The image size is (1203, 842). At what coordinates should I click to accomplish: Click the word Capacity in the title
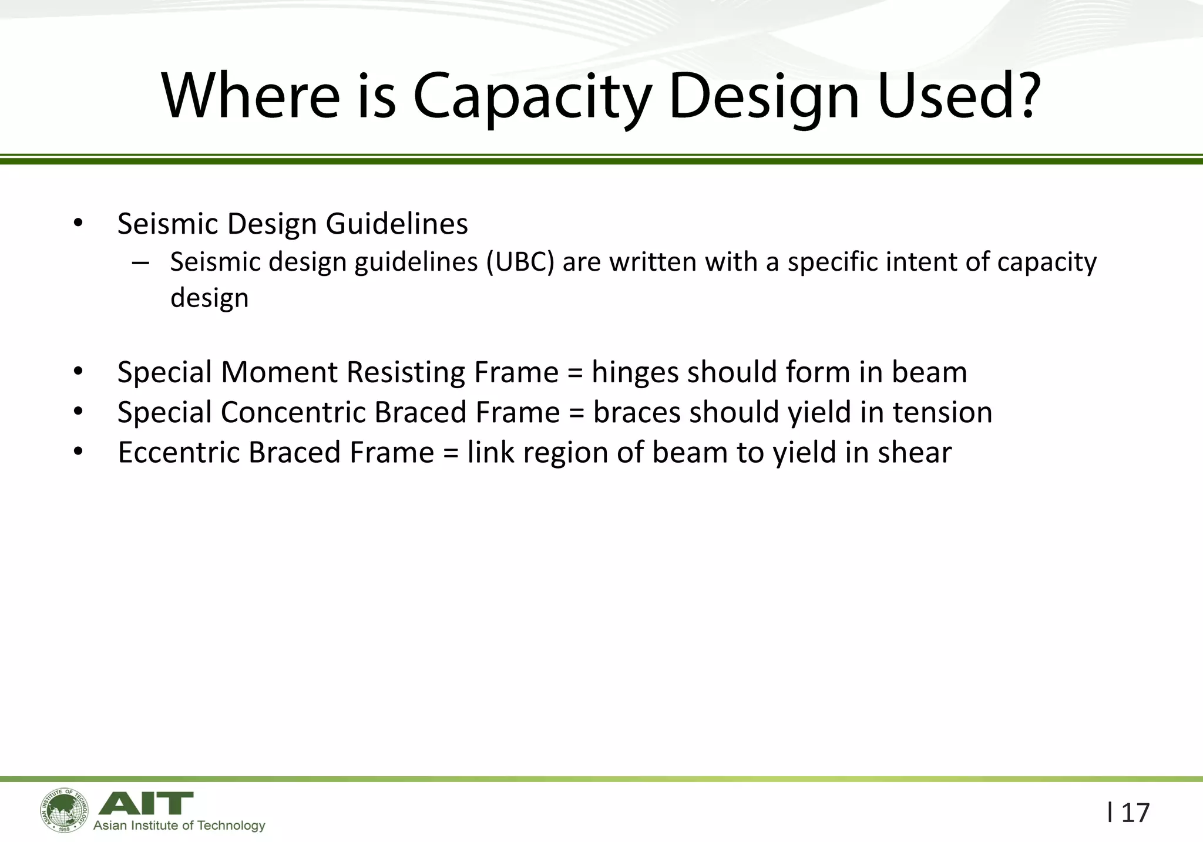pyautogui.click(x=532, y=96)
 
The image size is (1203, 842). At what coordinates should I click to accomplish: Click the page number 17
pyautogui.click(x=1135, y=813)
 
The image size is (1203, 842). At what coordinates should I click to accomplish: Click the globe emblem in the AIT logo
pyautogui.click(x=64, y=810)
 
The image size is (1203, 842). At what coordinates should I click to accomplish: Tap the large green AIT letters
pyautogui.click(x=145, y=803)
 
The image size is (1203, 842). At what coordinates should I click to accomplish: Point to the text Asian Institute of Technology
pyautogui.click(x=179, y=826)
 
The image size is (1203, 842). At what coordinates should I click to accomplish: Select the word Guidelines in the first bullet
pyautogui.click(x=396, y=224)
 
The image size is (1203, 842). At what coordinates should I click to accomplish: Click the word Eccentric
pyautogui.click(x=179, y=453)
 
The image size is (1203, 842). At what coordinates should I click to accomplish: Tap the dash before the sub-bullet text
pyautogui.click(x=140, y=262)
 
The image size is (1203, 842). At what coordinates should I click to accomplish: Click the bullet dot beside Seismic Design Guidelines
pyautogui.click(x=78, y=224)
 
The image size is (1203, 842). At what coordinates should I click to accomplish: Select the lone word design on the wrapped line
pyautogui.click(x=209, y=298)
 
